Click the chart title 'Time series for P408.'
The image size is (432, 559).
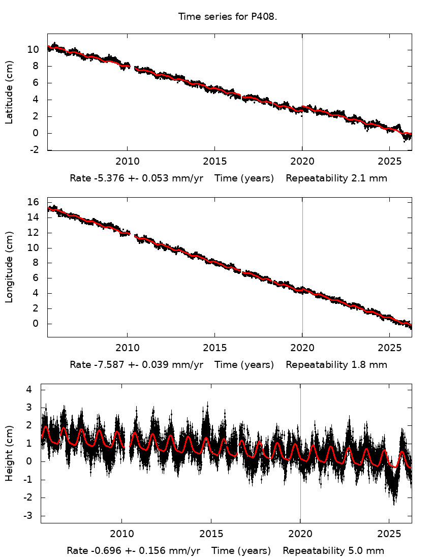pyautogui.click(x=227, y=17)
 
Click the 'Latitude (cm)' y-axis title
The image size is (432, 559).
pyautogui.click(x=9, y=92)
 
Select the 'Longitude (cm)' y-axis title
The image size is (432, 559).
pyautogui.click(x=9, y=267)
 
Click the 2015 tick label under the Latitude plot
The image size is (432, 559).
pyautogui.click(x=214, y=162)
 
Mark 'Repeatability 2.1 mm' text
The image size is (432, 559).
pyautogui.click(x=336, y=178)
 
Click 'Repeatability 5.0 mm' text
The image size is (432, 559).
pyautogui.click(x=333, y=551)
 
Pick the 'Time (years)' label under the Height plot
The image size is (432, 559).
pyautogui.click(x=241, y=551)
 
